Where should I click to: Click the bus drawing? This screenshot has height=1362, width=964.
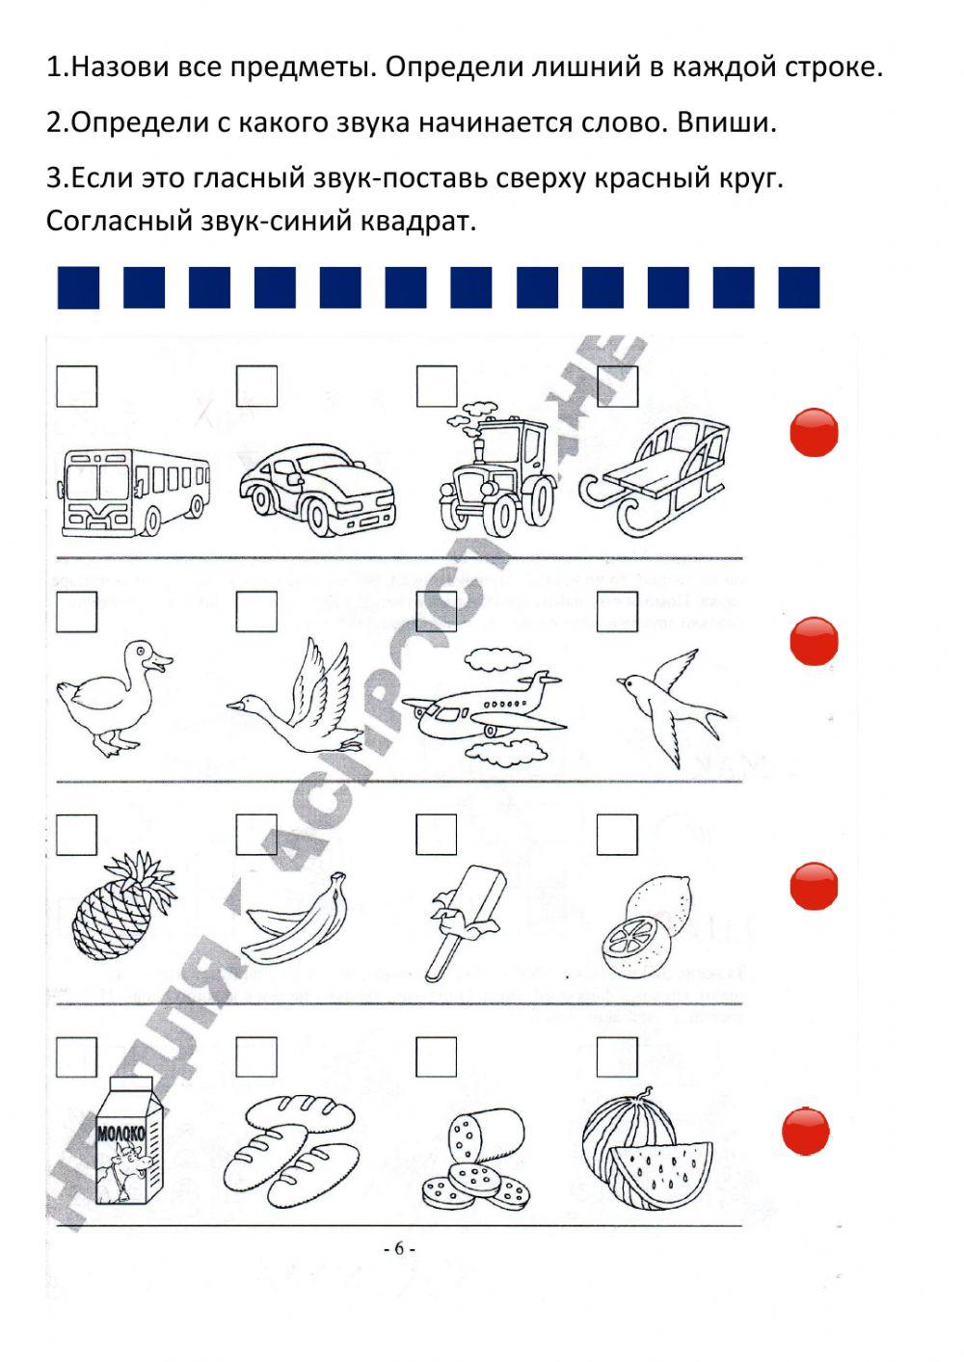pos(134,491)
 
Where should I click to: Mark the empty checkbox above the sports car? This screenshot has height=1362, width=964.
pos(256,386)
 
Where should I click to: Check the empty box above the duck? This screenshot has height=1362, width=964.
pos(76,612)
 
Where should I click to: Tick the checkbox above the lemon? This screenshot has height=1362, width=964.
pos(617,835)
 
